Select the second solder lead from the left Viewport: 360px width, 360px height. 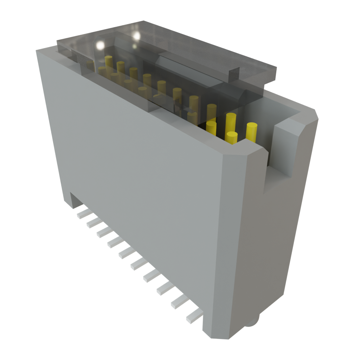[91, 222]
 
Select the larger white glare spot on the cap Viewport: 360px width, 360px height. [100, 45]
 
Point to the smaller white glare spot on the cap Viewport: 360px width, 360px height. [136, 36]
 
